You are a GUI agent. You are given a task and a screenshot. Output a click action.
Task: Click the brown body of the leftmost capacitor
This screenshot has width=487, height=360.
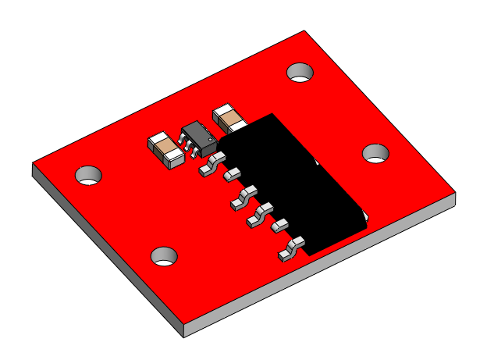tap(164, 145)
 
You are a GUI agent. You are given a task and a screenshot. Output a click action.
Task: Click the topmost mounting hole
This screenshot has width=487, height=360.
tap(300, 73)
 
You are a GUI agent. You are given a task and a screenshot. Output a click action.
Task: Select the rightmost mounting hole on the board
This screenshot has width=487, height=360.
tap(376, 153)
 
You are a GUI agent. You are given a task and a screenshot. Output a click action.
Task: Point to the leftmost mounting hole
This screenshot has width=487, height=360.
tap(89, 174)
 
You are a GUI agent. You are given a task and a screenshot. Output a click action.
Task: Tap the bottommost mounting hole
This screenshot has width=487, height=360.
tap(164, 255)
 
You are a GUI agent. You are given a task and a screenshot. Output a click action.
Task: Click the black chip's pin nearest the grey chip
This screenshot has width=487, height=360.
tap(209, 166)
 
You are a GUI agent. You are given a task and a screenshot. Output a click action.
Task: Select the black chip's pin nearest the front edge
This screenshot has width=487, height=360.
tap(290, 250)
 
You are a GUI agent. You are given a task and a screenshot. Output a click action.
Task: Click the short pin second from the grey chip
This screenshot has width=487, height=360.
tap(231, 176)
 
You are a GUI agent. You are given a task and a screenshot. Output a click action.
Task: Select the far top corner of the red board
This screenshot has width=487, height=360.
tap(304, 31)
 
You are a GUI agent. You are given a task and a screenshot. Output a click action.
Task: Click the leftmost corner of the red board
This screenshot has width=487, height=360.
tap(33, 164)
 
